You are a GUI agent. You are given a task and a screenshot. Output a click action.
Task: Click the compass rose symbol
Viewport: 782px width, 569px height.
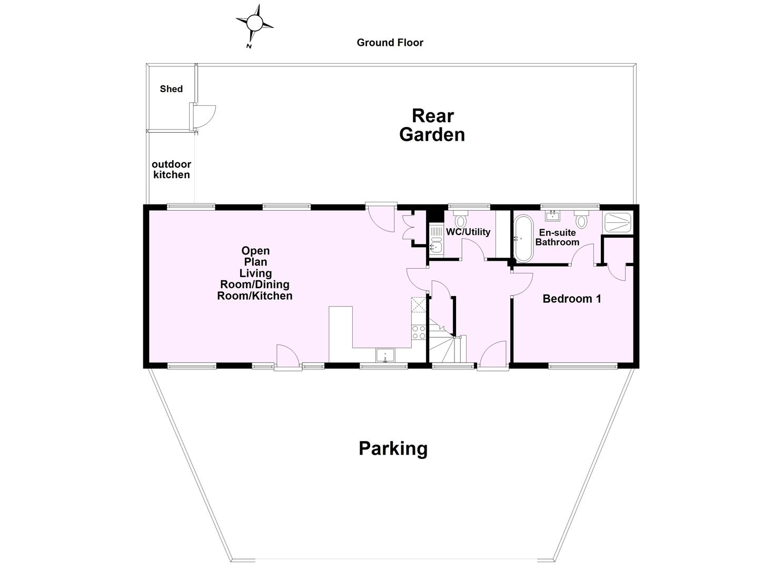(254, 24)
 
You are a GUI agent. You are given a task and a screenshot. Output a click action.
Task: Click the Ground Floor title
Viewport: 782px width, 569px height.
(390, 43)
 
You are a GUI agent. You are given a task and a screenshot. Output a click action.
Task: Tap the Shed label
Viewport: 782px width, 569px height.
(171, 89)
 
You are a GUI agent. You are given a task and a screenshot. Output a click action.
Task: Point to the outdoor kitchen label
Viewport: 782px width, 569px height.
(171, 170)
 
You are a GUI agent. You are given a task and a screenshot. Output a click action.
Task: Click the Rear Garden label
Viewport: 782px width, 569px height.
(432, 125)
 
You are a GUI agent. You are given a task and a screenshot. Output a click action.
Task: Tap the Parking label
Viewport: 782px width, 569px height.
(393, 449)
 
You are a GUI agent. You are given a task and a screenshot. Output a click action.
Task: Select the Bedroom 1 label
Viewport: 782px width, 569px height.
(572, 299)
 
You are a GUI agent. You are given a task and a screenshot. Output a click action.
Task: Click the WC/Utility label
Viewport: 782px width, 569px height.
(468, 232)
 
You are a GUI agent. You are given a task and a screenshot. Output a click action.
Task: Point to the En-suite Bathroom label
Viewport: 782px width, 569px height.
(557, 237)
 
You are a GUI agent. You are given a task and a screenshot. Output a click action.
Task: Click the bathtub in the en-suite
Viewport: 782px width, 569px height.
(523, 240)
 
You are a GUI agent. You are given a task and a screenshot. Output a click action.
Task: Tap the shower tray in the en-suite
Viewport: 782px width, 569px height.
(617, 222)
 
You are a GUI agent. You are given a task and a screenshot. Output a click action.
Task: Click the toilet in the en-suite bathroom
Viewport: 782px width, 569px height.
(581, 219)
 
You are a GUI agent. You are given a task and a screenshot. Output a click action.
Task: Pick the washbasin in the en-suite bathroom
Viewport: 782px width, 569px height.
(552, 216)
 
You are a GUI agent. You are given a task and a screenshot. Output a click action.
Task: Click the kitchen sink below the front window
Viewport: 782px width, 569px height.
(385, 356)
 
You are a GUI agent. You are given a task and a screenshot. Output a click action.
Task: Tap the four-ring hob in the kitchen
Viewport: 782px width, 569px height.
(419, 332)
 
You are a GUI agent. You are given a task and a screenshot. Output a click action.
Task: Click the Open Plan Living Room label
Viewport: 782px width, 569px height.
(255, 273)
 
